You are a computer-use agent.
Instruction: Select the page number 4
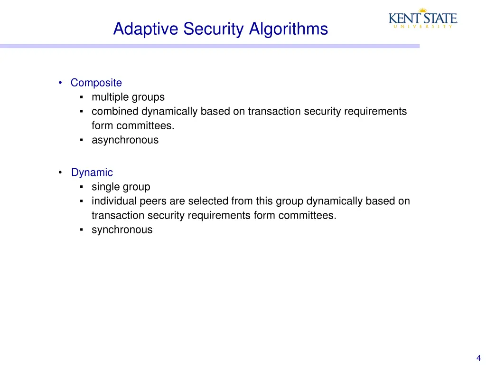(x=478, y=358)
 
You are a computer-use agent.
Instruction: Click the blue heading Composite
(x=96, y=83)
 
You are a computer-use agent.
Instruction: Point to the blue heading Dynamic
(x=92, y=173)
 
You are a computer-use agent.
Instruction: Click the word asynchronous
(x=125, y=140)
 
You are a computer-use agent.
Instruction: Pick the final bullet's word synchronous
(x=122, y=230)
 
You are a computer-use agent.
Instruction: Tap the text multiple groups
(x=128, y=97)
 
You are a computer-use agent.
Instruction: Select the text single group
(x=121, y=187)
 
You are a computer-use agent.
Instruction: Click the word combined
(x=114, y=111)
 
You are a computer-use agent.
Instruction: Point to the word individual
(x=114, y=201)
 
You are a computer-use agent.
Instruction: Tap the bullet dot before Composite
(x=60, y=83)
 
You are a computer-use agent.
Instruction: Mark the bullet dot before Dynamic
(x=60, y=173)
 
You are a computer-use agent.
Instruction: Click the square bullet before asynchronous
(x=82, y=140)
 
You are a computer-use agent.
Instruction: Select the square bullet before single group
(x=82, y=187)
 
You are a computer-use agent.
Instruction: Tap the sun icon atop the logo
(x=422, y=10)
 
